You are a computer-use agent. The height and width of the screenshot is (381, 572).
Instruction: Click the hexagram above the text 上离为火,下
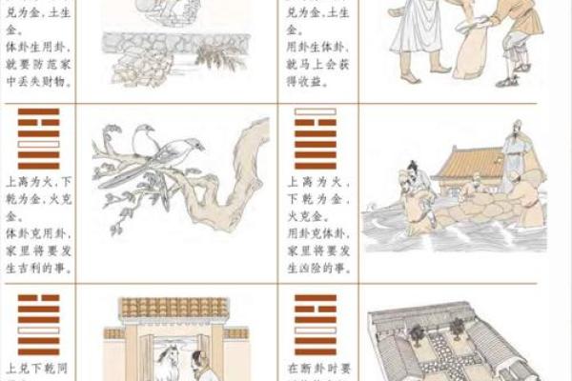pyautogui.click(x=38, y=139)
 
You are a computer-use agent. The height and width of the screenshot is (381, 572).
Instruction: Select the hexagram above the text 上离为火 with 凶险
pyautogui.click(x=316, y=139)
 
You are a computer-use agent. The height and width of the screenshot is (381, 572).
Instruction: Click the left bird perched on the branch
pyautogui.click(x=144, y=140)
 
